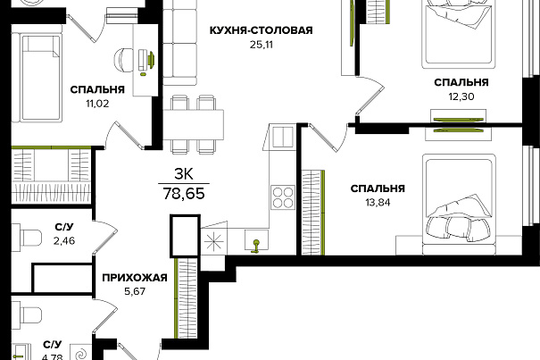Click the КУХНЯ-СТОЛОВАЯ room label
[x=261, y=30]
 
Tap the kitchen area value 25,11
[x=261, y=45]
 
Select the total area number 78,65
[x=184, y=194]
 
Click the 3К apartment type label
[x=184, y=174]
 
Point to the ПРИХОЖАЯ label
[x=135, y=278]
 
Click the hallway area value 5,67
[x=135, y=292]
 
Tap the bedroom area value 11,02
[x=97, y=104]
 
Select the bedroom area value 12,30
[x=461, y=96]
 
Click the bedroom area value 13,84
[x=378, y=203]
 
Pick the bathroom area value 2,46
[x=64, y=240]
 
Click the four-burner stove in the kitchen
[x=282, y=197]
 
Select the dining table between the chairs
[x=193, y=124]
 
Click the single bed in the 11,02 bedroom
[x=37, y=78]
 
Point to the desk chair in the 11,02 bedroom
[x=123, y=59]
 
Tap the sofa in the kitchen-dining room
[x=179, y=42]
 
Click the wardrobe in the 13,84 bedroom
[x=313, y=213]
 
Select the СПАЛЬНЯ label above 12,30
[x=461, y=82]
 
